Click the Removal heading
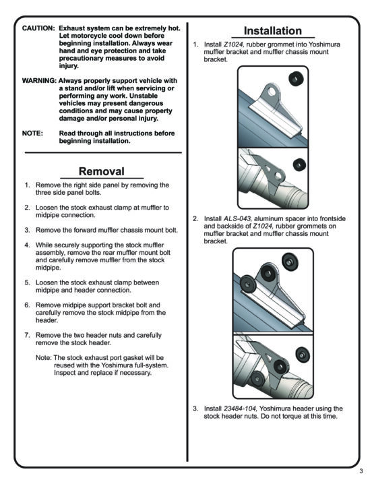[102, 171]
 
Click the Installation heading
[273, 31]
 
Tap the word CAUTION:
[38, 28]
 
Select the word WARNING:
[39, 81]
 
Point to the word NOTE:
[32, 133]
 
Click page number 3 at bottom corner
[361, 471]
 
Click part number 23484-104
[240, 409]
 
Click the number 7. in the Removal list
[27, 335]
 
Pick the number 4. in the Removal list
[27, 245]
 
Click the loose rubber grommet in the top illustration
[296, 79]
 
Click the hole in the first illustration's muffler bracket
[272, 92]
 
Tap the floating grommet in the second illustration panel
[299, 164]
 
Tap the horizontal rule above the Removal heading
[103, 152]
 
